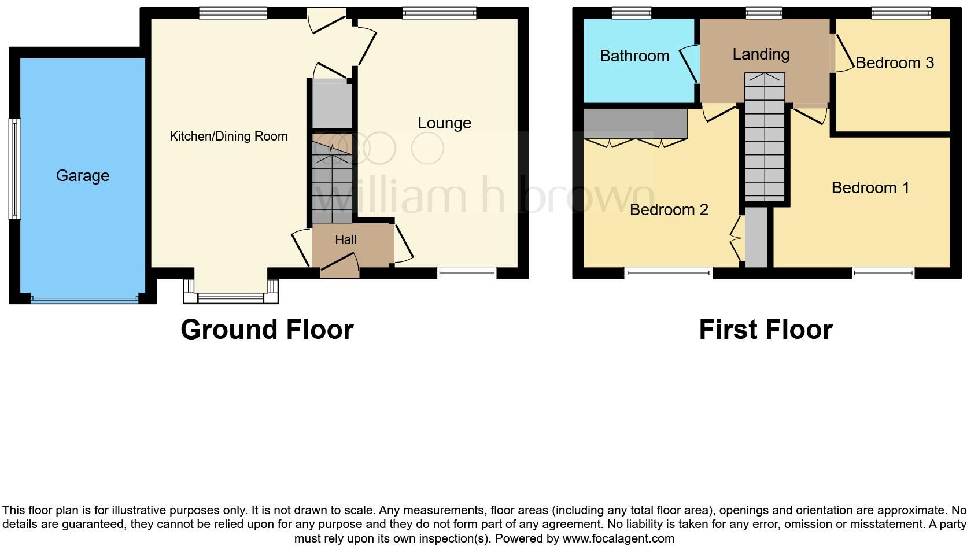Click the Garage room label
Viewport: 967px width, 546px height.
click(82, 176)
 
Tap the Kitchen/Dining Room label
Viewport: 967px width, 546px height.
click(228, 136)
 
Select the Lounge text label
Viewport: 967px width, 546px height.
click(444, 123)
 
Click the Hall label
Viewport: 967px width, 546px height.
click(345, 239)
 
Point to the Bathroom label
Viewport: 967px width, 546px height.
click(634, 56)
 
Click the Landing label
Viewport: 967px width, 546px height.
click(761, 54)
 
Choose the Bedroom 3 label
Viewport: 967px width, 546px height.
click(894, 63)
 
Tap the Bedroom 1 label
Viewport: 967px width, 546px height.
click(870, 188)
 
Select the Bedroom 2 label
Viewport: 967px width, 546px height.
click(669, 210)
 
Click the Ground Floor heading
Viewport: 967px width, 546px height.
click(267, 330)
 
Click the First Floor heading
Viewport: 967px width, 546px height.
click(765, 330)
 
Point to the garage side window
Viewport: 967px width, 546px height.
click(15, 169)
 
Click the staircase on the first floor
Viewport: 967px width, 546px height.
click(765, 138)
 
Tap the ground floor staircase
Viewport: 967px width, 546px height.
click(332, 179)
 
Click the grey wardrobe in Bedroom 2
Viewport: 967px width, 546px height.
click(635, 123)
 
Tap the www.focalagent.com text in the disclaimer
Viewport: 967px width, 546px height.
click(618, 538)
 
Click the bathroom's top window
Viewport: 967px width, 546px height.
click(632, 13)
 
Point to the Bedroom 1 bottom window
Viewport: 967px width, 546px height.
click(883, 273)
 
